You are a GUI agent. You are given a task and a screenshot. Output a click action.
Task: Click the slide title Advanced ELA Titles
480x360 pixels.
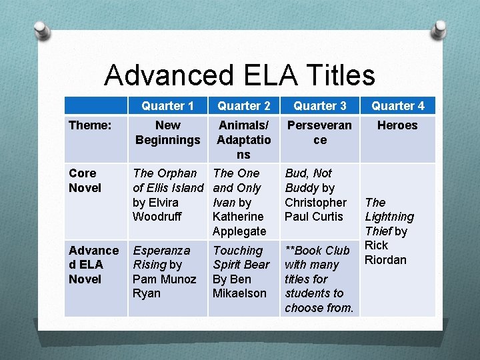(239, 75)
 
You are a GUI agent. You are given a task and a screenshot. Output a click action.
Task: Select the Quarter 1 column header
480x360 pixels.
(167, 106)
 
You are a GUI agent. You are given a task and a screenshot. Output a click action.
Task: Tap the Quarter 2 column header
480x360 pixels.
(244, 106)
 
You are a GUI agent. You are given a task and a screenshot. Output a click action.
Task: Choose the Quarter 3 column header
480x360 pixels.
(320, 106)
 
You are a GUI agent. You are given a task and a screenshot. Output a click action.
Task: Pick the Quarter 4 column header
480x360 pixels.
(397, 106)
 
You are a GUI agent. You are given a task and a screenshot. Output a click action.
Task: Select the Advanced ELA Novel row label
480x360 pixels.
(93, 265)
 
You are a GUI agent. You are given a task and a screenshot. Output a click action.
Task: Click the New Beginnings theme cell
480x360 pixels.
(167, 132)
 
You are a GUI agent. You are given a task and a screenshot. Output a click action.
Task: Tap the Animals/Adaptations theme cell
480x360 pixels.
(244, 139)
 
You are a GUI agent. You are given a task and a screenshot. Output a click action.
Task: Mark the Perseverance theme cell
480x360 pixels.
(320, 132)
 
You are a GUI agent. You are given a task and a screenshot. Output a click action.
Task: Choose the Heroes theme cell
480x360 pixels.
(397, 125)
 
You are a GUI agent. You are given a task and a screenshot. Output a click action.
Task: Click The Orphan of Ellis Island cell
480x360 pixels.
(168, 195)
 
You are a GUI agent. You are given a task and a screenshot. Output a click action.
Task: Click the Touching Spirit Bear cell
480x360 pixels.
(241, 271)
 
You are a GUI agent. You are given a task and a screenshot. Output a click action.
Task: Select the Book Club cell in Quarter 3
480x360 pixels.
(319, 279)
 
